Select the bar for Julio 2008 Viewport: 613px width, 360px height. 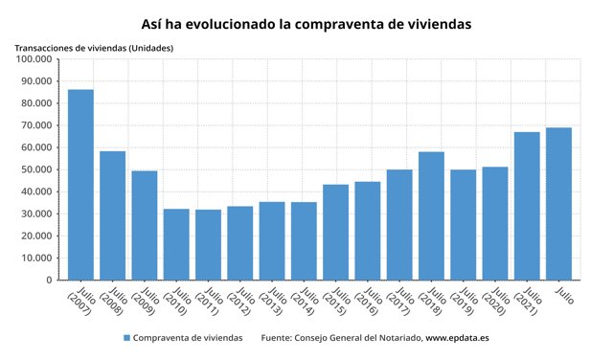pos(112,215)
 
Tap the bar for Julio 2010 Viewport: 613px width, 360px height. pos(176,244)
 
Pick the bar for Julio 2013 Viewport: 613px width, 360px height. pos(272,240)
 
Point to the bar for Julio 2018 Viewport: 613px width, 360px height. pos(431,215)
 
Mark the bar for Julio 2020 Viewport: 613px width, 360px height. pos(495,223)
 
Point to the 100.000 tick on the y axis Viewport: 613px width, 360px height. pos(34,59)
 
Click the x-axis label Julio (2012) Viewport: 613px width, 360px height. pos(239,304)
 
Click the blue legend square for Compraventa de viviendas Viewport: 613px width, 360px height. pos(126,338)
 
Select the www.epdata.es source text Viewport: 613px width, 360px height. pos(459,338)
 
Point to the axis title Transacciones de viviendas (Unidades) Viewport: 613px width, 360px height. pos(94,47)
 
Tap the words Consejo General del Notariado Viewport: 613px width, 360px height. pos(355,338)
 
